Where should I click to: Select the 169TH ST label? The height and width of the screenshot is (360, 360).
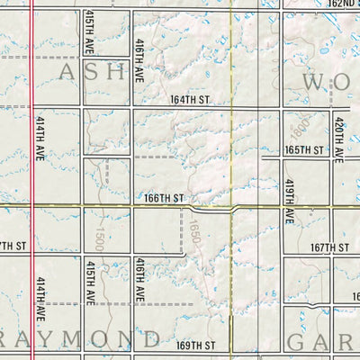point(197,345)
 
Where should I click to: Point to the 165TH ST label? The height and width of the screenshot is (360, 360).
point(303,149)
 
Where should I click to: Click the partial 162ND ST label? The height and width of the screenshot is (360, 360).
point(344,4)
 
